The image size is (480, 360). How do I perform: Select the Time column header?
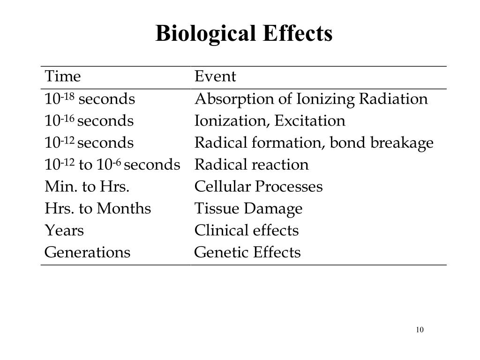[63, 76]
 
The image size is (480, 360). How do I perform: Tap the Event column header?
[215, 76]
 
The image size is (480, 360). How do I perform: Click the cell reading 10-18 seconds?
[90, 99]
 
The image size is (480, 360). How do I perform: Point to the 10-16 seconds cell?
[89, 121]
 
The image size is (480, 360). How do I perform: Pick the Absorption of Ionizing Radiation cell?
[311, 99]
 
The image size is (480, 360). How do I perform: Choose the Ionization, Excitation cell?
[270, 121]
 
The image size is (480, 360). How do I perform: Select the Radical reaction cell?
[252, 165]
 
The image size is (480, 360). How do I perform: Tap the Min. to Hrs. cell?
[87, 187]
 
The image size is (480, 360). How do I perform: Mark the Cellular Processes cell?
[258, 187]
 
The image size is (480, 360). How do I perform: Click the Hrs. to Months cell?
[97, 209]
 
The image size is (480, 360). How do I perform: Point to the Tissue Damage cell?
[248, 209]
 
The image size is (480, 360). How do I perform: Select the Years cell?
[64, 230]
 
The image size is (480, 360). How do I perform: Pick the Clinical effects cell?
[246, 230]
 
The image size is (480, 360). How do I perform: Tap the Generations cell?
[87, 252]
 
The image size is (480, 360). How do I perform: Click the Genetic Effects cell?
[247, 252]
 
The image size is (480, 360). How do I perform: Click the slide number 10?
[420, 330]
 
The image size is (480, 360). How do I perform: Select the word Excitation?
[310, 121]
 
